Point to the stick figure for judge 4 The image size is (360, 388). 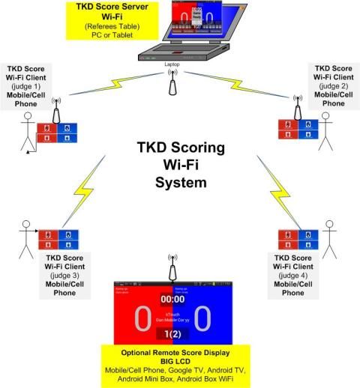331,235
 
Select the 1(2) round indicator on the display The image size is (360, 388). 172,334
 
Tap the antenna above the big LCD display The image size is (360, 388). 173,265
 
